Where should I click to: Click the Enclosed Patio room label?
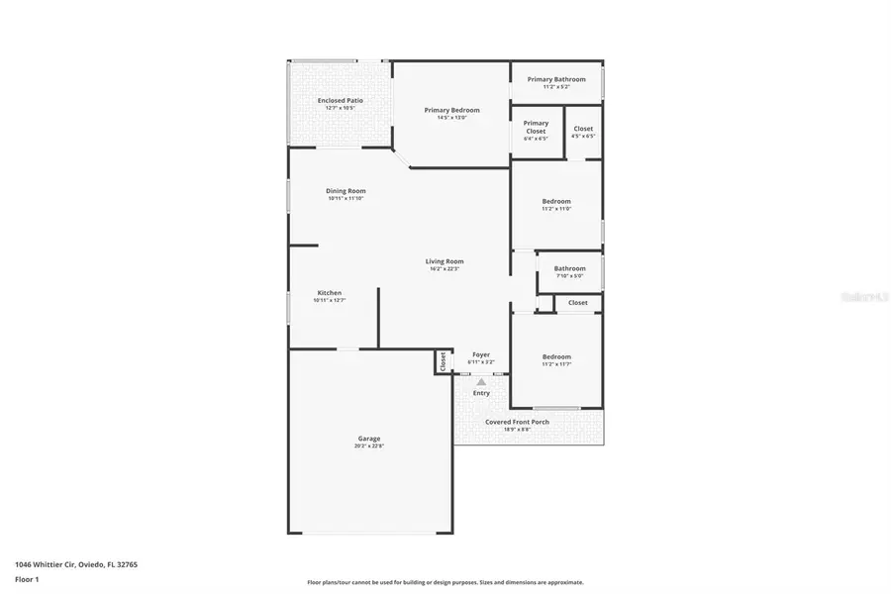(340, 100)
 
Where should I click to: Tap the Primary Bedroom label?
(451, 110)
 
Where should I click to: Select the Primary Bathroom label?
(555, 79)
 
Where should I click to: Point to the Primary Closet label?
(536, 127)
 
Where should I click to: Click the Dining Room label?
(346, 190)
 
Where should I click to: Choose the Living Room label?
(445, 261)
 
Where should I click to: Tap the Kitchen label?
(329, 293)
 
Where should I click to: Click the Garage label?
(368, 439)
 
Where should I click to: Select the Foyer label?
(481, 354)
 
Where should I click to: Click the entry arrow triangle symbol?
(481, 381)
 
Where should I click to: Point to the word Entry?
(481, 393)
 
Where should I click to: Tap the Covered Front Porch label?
(517, 422)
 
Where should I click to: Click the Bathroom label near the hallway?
(569, 268)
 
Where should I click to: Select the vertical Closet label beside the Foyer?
(443, 361)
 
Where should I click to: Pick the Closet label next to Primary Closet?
(583, 129)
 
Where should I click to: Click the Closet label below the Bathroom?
(577, 303)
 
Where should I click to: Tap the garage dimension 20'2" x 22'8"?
(368, 446)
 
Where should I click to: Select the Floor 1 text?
(27, 579)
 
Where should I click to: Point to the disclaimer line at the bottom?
(445, 582)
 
